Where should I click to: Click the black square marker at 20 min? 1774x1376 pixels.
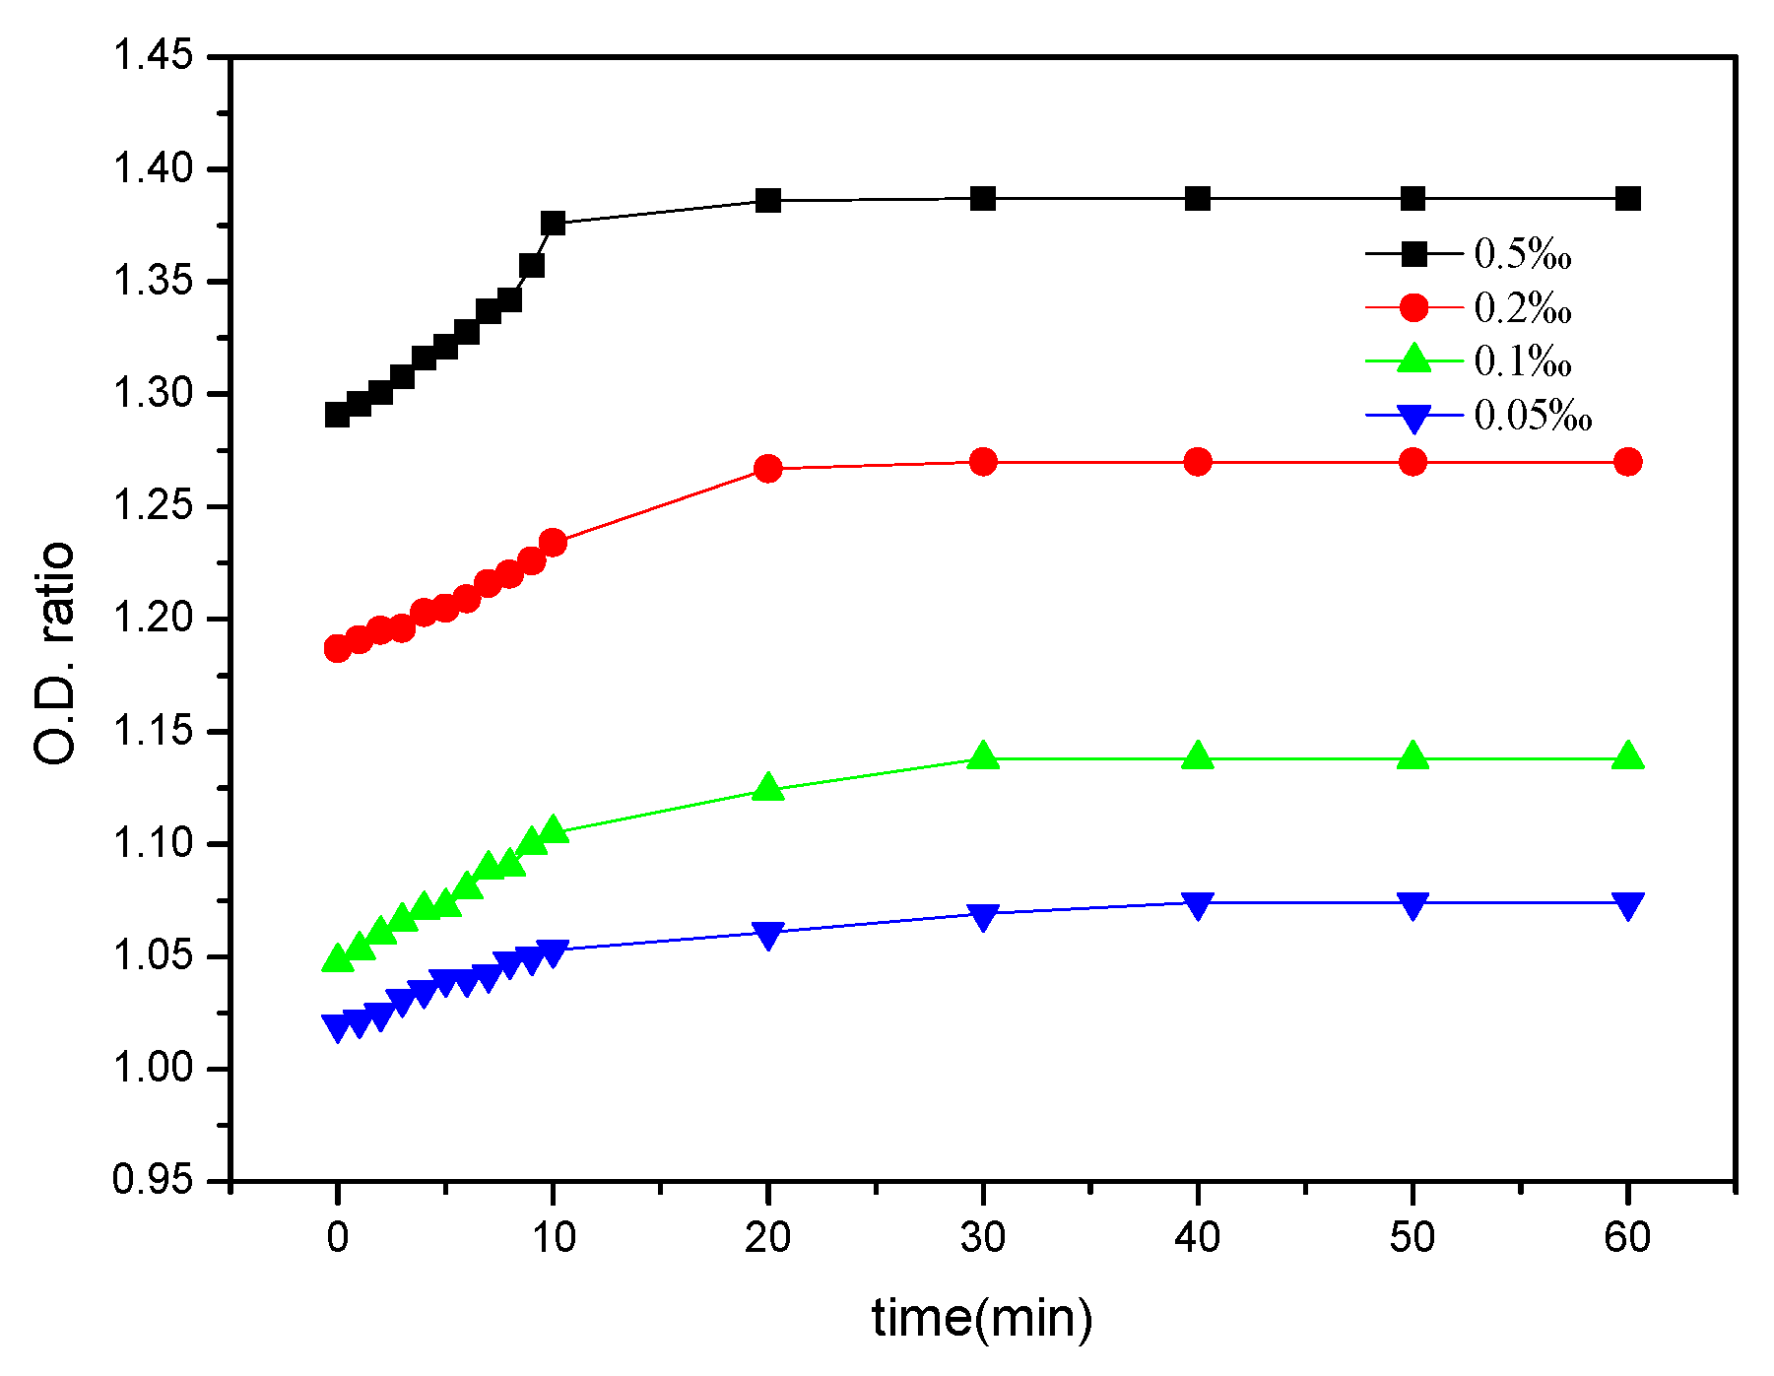point(768,201)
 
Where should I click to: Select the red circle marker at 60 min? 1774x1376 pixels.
point(1628,462)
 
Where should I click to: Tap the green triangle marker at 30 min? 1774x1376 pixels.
point(983,756)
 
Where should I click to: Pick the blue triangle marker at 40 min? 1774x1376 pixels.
point(1198,905)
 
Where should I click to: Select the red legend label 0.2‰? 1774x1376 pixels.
point(1522,308)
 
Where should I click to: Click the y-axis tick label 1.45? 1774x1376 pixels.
point(153,55)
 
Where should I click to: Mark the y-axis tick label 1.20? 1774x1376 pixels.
point(153,619)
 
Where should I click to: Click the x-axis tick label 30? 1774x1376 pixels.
point(983,1237)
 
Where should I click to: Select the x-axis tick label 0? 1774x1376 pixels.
point(338,1237)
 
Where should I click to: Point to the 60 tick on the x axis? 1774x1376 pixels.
point(1627,1237)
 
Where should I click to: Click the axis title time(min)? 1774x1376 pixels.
point(982,1317)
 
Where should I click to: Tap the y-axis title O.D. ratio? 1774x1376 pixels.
point(55,653)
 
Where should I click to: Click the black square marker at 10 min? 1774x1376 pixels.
point(553,224)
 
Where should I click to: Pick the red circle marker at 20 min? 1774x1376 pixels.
point(768,469)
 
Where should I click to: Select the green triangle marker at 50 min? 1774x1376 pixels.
point(1413,756)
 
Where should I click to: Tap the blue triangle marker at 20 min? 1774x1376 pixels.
point(768,934)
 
